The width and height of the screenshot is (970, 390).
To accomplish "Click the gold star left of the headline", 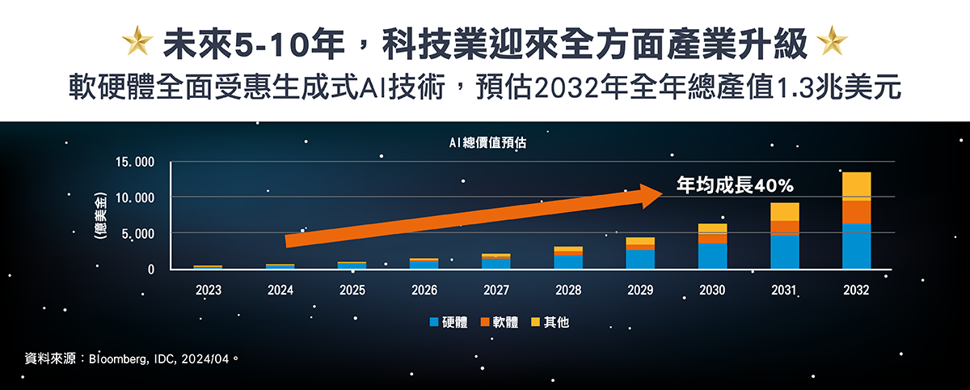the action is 137,40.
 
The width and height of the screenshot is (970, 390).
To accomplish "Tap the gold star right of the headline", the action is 832,40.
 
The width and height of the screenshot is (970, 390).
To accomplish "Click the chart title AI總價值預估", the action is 487,142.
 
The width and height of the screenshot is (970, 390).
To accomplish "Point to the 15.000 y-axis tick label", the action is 135,162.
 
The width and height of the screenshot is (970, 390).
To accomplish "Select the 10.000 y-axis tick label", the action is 135,198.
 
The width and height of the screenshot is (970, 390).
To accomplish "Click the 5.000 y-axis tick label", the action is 137,234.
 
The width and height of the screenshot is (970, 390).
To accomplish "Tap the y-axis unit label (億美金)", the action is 100,215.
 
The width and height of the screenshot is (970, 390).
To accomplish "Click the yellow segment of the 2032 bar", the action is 857,186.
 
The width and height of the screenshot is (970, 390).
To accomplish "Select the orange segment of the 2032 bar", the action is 857,212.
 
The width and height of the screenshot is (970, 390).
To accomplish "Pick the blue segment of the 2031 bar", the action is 785,252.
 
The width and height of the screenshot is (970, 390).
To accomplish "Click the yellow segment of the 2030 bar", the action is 712,229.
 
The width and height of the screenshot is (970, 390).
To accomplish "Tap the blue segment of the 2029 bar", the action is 640,260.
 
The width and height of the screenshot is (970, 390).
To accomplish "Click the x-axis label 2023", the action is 209,290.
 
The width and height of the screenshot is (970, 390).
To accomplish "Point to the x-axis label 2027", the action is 496,290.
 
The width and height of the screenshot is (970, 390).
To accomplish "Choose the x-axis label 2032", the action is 856,290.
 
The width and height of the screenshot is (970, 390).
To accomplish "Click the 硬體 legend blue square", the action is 434,322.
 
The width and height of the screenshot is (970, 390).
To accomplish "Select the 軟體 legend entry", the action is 500,322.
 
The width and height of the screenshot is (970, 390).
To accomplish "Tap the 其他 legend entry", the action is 550,322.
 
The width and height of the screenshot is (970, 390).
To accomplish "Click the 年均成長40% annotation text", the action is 735,185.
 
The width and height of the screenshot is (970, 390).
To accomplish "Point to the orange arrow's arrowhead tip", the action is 663,193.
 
